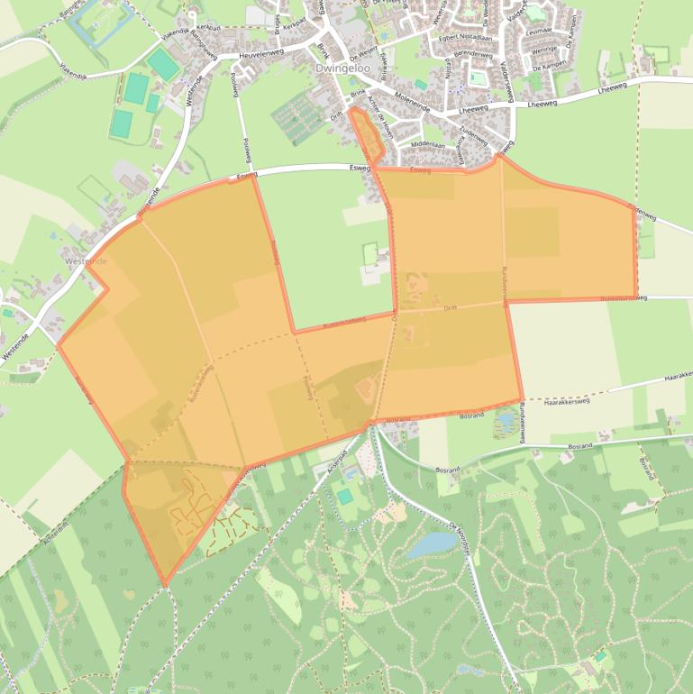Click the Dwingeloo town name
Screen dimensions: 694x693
point(339,68)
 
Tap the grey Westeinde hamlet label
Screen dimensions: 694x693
point(86,260)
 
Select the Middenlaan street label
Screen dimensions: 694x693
point(428,144)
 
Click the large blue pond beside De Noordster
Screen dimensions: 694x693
point(431,544)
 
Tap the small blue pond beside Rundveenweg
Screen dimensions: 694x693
point(505,419)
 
